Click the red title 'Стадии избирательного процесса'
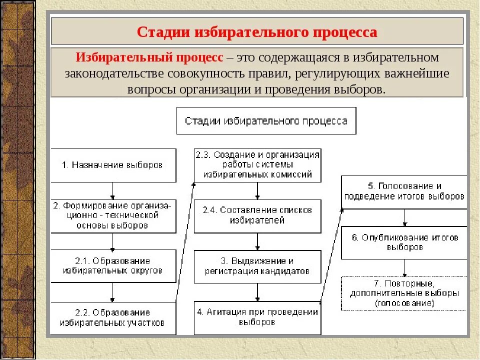[257, 32]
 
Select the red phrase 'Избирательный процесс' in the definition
[149, 57]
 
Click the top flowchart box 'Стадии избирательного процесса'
[266, 120]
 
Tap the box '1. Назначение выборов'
[113, 165]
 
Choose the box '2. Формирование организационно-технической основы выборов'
[113, 216]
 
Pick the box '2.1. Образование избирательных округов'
[113, 266]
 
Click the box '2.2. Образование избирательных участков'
[113, 318]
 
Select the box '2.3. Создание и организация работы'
[257, 165]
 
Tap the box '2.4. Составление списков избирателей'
[257, 215]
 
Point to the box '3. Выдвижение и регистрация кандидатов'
[257, 266]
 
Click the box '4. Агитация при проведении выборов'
[257, 317]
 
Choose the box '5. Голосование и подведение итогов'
[404, 191]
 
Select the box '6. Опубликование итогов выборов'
[404, 242]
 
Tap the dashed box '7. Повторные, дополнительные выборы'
[404, 292]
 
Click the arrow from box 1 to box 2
[113, 191]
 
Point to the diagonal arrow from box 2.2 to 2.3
[185, 242]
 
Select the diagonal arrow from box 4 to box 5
[331, 255]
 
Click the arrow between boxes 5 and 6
[404, 217]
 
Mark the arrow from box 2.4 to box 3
[257, 241]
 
